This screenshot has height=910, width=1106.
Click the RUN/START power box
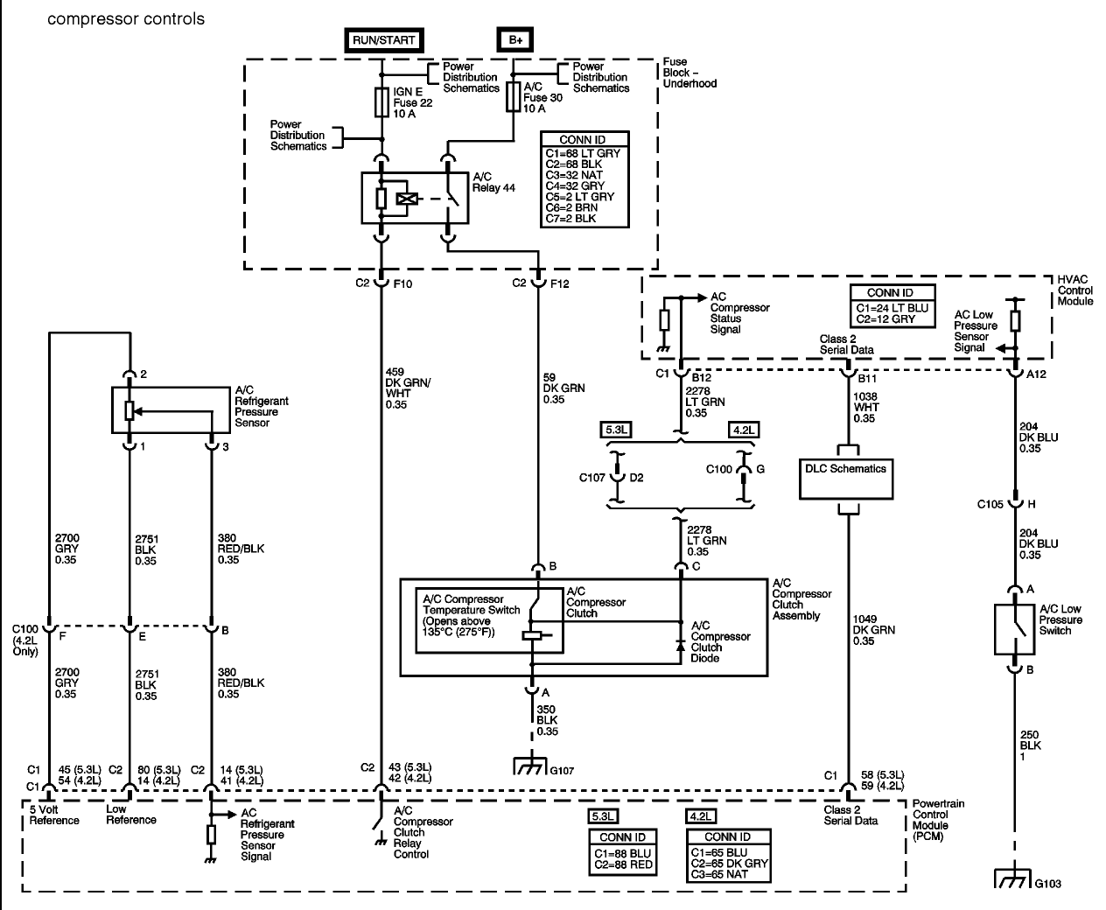tap(384, 40)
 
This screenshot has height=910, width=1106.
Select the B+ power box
tap(515, 40)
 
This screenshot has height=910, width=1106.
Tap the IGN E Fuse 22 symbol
tap(381, 102)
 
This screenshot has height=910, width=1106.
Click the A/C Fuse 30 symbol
tap(513, 97)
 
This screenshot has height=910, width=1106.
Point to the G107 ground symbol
tap(529, 766)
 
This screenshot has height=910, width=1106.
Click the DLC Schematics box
tap(846, 479)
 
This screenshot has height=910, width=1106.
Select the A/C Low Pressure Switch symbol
tap(1014, 629)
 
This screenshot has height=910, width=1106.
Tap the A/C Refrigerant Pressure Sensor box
tap(171, 410)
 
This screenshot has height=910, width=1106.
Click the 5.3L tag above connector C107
tap(616, 430)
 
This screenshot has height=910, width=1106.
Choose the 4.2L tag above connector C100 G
tap(744, 430)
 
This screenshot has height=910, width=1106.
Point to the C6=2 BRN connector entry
tap(571, 207)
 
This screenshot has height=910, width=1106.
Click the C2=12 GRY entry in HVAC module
tap(885, 318)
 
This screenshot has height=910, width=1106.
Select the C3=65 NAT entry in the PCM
tap(719, 874)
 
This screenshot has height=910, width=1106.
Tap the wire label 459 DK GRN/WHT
tap(408, 388)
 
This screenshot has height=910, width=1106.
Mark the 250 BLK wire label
tap(1030, 745)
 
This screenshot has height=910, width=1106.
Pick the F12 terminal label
tap(559, 283)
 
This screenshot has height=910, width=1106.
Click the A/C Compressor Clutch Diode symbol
tap(681, 646)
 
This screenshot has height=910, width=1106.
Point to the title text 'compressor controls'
tap(126, 19)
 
